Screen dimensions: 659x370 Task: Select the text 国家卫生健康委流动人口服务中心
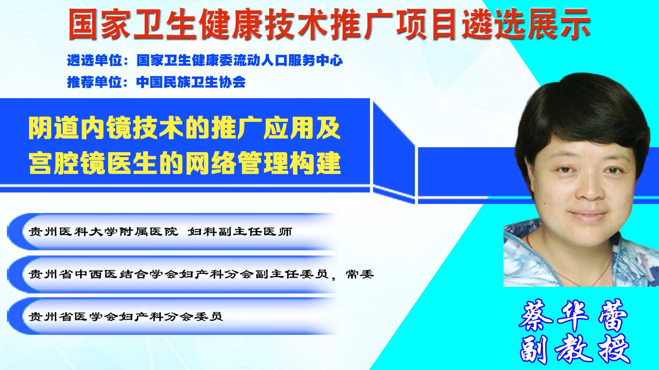coord(240,61)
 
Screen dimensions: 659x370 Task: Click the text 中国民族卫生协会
coord(191,82)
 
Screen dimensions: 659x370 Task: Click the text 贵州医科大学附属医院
coord(103,232)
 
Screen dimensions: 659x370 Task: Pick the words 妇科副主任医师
coord(240,232)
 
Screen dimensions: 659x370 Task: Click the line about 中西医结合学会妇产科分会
coord(179,275)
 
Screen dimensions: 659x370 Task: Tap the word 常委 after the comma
coord(360,275)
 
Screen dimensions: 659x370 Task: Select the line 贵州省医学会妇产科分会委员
coord(126,317)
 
